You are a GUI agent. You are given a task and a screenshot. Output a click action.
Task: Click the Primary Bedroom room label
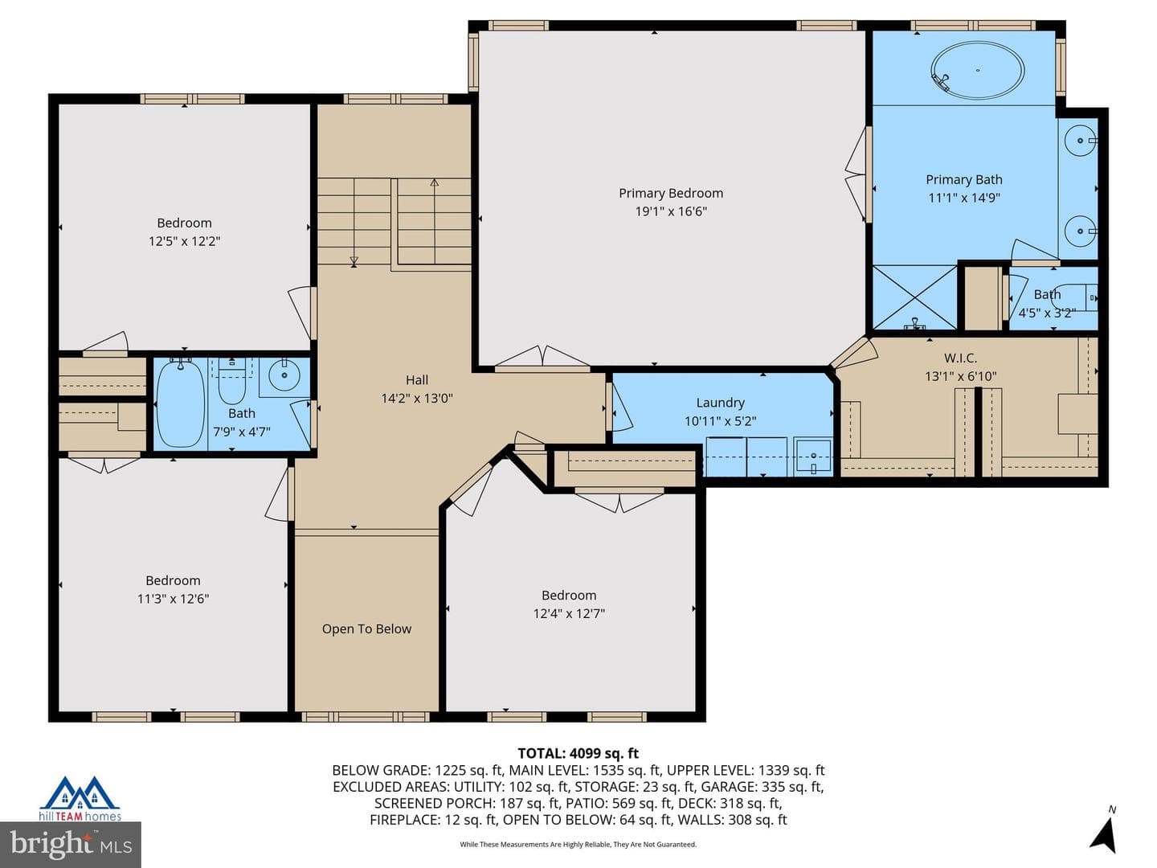tap(670, 194)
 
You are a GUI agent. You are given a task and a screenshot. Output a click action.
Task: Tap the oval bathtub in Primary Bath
tap(977, 71)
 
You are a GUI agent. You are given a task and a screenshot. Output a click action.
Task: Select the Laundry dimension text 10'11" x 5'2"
tap(720, 421)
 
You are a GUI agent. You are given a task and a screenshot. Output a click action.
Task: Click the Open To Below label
tap(366, 628)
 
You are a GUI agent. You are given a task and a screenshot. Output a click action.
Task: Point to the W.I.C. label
tap(960, 358)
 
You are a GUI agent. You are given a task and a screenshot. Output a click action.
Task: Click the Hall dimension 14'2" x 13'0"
tap(417, 399)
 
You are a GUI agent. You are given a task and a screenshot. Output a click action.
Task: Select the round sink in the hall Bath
tap(284, 375)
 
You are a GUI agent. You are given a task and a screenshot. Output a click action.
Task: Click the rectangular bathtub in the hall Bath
tap(180, 403)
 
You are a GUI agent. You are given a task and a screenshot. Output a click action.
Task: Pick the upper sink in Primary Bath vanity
tap(1080, 141)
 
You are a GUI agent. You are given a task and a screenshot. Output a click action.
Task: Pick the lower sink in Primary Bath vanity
tap(1080, 231)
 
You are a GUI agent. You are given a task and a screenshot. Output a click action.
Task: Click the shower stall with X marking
tap(914, 297)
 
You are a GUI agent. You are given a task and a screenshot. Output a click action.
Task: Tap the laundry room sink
tap(813, 457)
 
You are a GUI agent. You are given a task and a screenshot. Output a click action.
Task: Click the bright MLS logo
tap(70, 844)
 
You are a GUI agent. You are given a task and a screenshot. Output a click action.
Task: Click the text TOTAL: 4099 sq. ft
tap(578, 753)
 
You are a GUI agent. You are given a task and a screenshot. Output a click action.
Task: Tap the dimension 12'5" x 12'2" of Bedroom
tap(184, 241)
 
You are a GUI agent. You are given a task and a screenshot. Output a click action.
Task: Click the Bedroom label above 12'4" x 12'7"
tap(569, 595)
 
